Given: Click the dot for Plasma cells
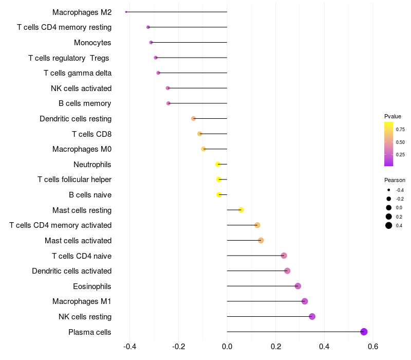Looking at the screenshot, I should pos(364,332).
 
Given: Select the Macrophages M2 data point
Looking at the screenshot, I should pos(126,12).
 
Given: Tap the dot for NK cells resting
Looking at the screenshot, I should pos(312,316).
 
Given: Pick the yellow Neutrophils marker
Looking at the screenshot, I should pos(218,164).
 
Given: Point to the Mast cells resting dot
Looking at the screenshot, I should pos(241,210).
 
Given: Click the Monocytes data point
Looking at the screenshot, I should pos(151,42).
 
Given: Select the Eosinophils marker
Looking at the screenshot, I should pos(297,286).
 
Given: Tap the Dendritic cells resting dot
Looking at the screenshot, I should pos(193,118).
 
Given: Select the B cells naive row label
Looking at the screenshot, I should pos(90,195).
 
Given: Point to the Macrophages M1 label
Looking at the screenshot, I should pos(82,301).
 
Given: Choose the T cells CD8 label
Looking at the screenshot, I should pos(91,134).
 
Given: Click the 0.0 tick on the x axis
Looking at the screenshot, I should pos(227,347).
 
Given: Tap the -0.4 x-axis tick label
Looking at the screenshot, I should pos(129,347).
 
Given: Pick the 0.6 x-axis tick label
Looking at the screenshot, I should pos(373,347).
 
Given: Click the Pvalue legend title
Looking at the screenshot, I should pos(393,116).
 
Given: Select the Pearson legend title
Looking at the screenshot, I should pos(395,181).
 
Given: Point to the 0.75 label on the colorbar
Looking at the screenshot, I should pos(400,130).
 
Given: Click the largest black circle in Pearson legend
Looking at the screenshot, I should pos(389,225).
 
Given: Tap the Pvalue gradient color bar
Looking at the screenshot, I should pos(389,144).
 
